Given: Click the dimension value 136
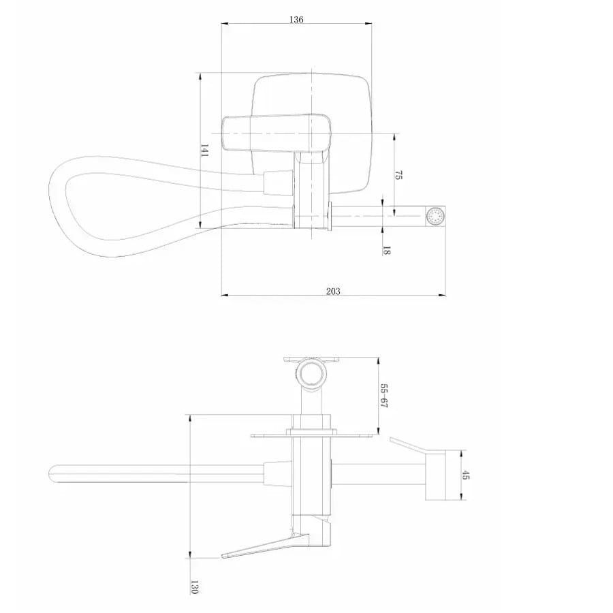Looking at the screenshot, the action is [296, 20].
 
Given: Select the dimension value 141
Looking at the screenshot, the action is [204, 151].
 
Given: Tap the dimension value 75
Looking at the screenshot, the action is [398, 175].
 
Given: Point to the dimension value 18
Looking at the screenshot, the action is [386, 251].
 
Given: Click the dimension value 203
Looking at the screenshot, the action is [333, 292].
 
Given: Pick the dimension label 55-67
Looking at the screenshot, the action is [384, 396].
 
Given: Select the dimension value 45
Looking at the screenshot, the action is [466, 475].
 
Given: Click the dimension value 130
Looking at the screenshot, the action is [194, 587].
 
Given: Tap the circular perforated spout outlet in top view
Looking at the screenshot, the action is [435, 216].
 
